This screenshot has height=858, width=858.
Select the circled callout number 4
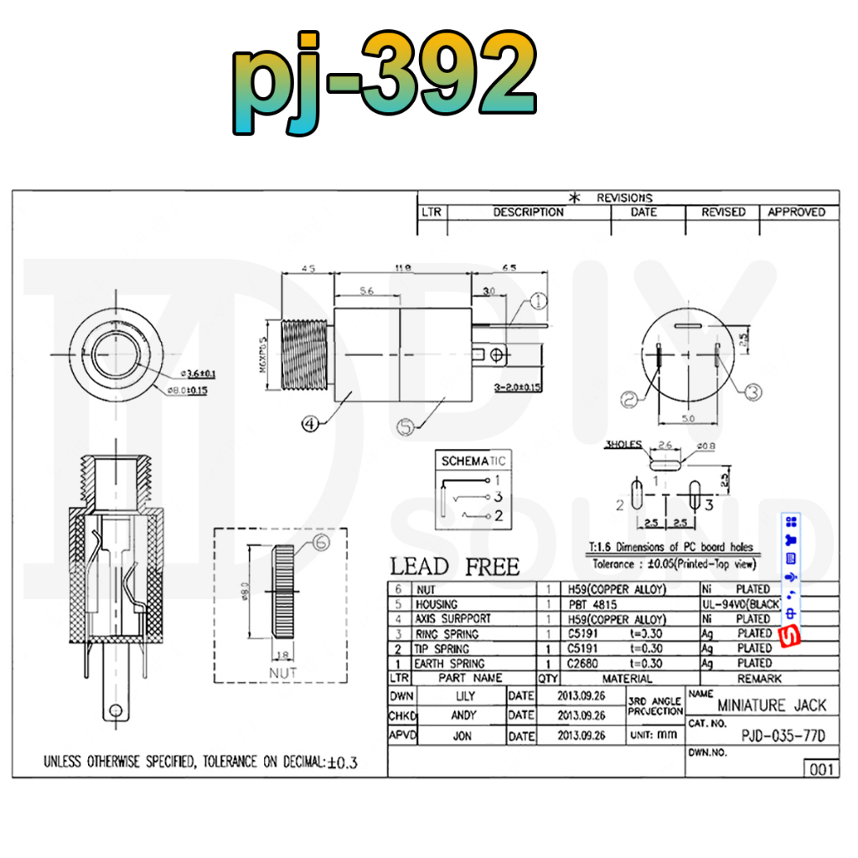[309, 424]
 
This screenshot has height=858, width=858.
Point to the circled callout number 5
[406, 427]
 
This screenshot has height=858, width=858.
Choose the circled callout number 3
[752, 390]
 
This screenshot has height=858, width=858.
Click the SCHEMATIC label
[473, 461]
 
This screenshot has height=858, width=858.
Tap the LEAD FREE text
[455, 566]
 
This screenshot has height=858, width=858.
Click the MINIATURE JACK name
[772, 706]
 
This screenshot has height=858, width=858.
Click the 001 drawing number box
[819, 768]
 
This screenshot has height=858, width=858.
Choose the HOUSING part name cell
[437, 604]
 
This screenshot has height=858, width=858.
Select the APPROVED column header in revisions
[797, 212]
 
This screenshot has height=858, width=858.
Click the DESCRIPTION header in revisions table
[528, 212]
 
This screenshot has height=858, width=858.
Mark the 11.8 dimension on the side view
[402, 268]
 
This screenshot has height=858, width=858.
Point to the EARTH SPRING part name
[449, 664]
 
